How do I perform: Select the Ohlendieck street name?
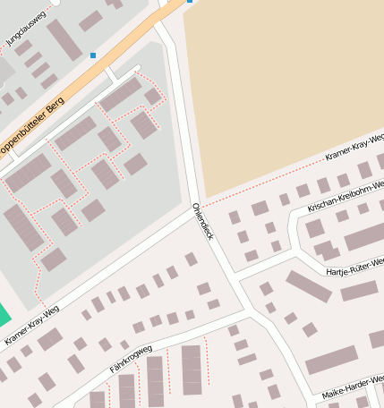point(203,220)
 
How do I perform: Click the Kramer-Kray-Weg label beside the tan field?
point(354,148)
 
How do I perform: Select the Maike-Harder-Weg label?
point(353,387)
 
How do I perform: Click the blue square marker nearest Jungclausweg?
point(93,55)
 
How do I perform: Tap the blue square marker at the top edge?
point(190,2)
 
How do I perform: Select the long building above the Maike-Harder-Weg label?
point(331,360)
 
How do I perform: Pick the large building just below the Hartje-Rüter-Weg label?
point(359,290)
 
